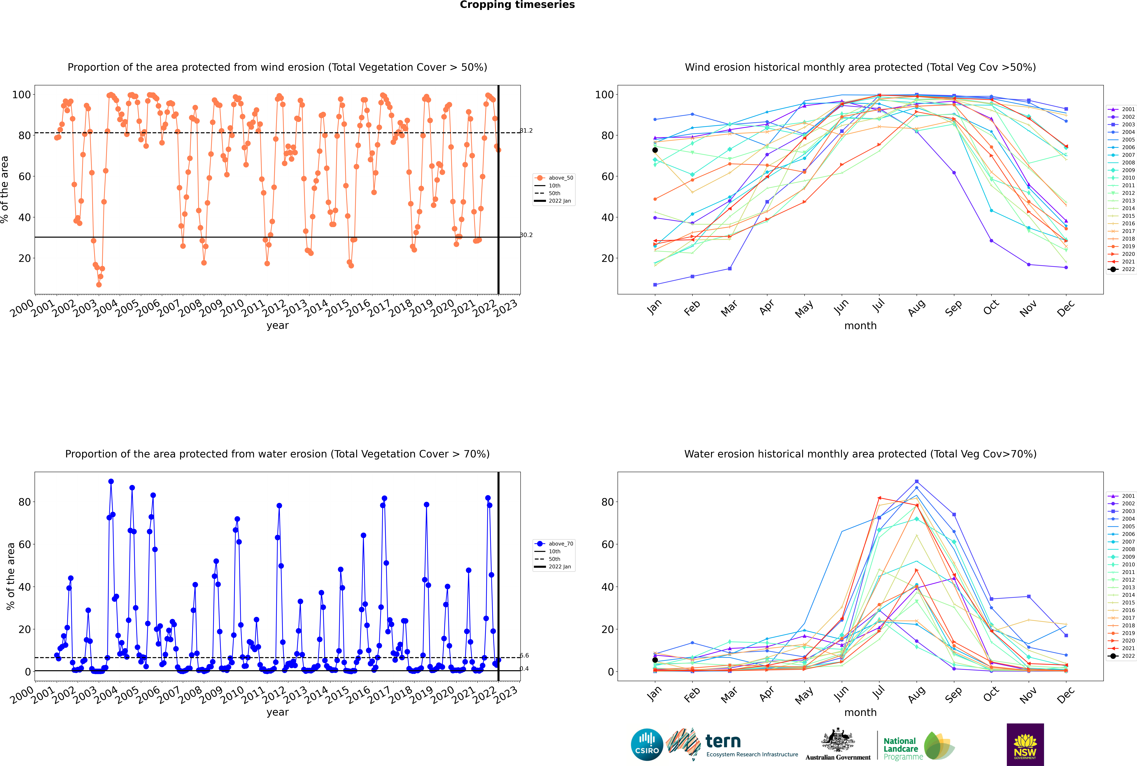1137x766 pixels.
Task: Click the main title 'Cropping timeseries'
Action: [517, 5]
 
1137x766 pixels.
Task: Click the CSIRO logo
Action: [647, 745]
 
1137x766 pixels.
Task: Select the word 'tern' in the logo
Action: [723, 742]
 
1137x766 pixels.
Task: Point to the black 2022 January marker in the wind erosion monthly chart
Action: [655, 150]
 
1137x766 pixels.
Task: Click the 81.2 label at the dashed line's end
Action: [526, 130]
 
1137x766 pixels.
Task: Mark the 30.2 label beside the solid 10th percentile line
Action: [526, 235]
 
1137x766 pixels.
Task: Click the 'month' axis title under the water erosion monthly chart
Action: [860, 712]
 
